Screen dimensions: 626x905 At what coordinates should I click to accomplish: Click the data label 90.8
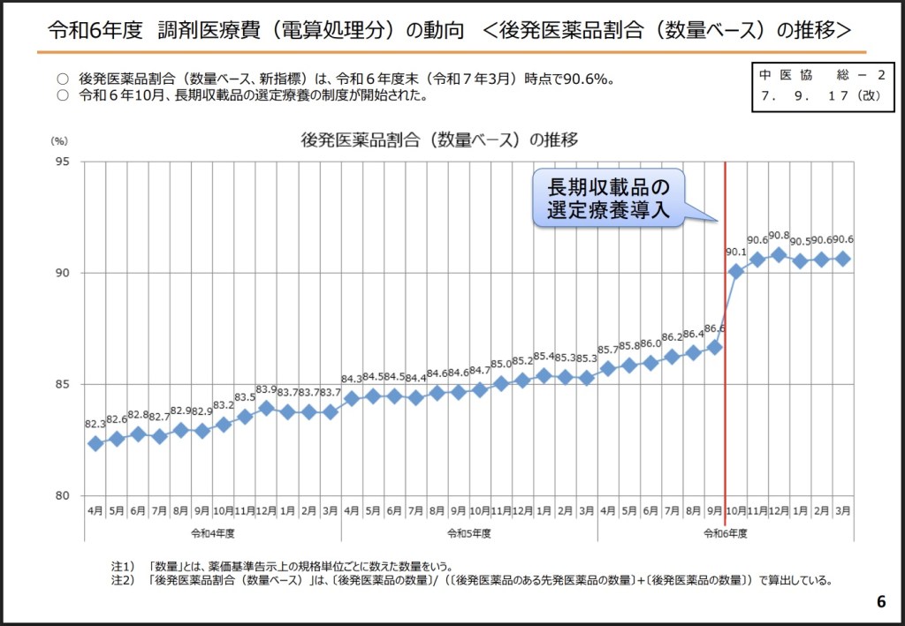click(779, 236)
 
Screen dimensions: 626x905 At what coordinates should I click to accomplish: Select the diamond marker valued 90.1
click(735, 271)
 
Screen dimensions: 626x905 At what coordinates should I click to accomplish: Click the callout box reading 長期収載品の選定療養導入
click(609, 199)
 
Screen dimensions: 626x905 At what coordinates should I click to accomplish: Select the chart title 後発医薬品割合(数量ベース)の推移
click(439, 140)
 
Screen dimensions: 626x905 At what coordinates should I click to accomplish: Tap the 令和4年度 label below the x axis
click(212, 533)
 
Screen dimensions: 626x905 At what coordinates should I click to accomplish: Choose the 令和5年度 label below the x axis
click(468, 533)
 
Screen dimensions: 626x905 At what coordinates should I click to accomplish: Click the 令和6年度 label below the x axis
click(726, 533)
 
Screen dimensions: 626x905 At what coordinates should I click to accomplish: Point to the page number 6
click(880, 602)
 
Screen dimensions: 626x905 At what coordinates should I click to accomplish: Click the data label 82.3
click(95, 425)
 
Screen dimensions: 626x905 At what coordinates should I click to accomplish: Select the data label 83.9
click(266, 389)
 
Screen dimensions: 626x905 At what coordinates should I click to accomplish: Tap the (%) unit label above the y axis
click(59, 140)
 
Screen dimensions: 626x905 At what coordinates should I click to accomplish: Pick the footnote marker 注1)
click(122, 566)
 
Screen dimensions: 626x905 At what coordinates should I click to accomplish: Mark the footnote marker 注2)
click(122, 580)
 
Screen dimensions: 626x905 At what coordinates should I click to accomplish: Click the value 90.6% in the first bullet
click(589, 79)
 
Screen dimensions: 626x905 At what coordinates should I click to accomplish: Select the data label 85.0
click(501, 364)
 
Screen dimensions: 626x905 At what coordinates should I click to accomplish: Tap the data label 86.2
click(672, 336)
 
